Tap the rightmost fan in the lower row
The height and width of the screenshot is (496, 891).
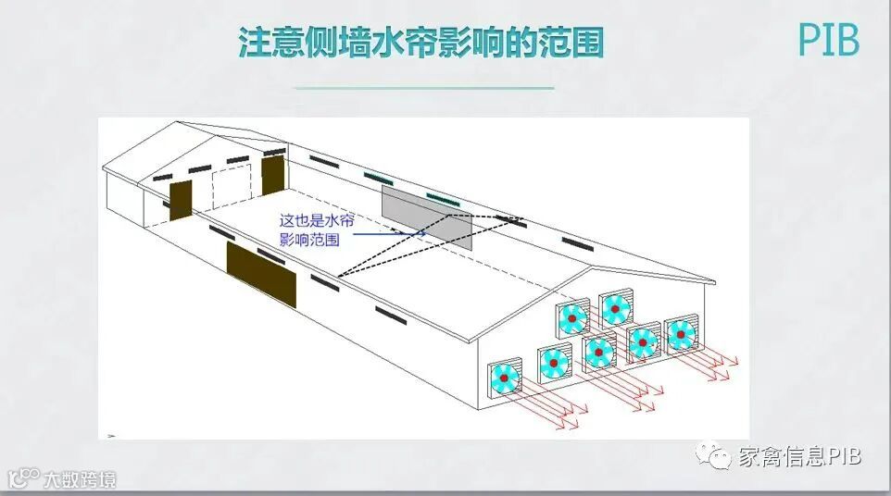coord(681,333)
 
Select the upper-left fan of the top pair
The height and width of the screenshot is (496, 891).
coord(572,319)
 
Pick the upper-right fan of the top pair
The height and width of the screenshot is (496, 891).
coord(615,308)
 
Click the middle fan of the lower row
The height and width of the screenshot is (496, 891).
coord(599,352)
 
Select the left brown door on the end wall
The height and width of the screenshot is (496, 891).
coord(180,201)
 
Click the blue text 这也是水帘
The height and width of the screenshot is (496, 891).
coord(317,221)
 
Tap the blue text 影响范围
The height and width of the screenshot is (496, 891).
coord(309,239)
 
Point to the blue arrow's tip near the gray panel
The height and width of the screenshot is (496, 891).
coord(424,233)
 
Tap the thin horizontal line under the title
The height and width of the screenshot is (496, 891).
coord(423,88)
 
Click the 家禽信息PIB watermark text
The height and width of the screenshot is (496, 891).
coord(800,456)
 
